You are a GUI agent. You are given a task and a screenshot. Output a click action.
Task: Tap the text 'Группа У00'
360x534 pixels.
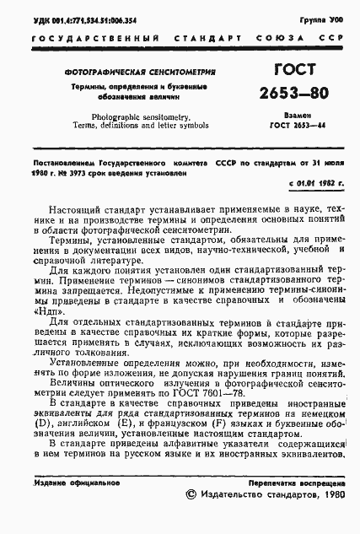(x=325, y=17)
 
